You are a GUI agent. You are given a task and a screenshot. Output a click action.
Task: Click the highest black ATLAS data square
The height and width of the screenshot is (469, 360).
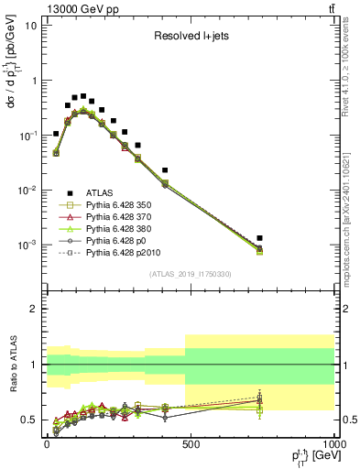[83, 96]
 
